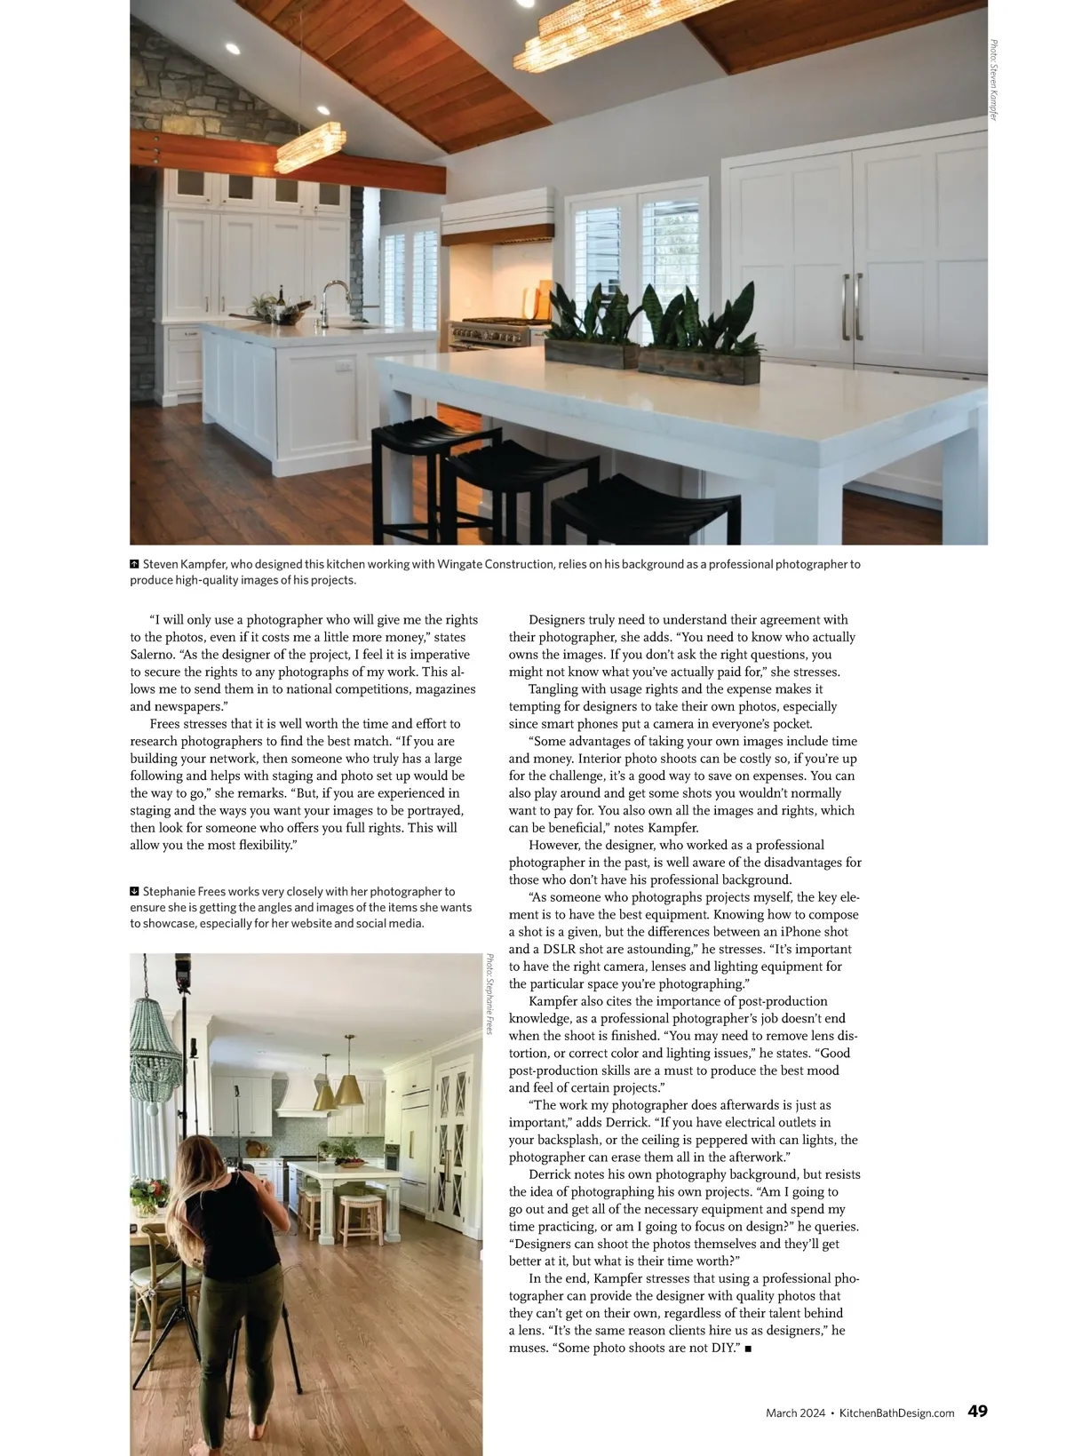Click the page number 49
click(977, 1411)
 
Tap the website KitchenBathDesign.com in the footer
click(896, 1412)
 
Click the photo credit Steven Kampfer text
click(994, 80)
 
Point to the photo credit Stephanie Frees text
click(489, 994)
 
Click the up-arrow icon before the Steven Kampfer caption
click(135, 564)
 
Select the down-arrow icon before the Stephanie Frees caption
click(135, 891)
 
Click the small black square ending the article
click(749, 1349)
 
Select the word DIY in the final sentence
click(722, 1348)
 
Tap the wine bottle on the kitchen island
click(282, 298)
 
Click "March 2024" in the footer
click(796, 1412)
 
